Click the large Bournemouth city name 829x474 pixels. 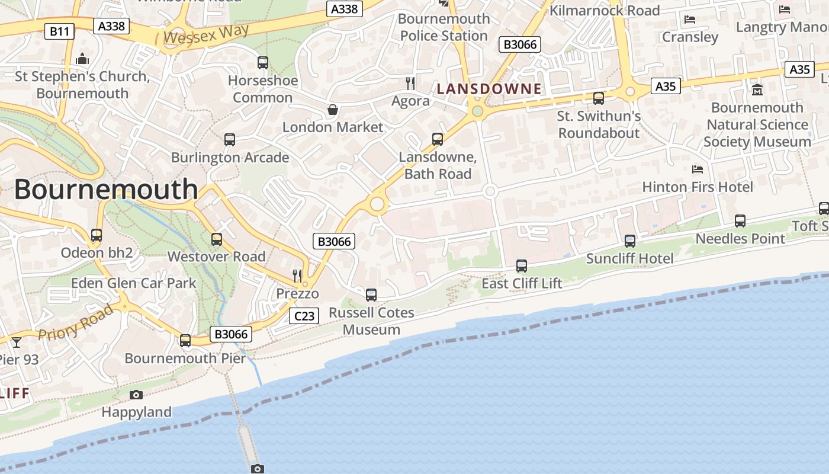106,189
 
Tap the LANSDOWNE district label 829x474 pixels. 489,89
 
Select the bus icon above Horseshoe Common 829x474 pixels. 263,63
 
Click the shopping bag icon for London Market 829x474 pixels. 333,110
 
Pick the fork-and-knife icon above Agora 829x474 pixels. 410,83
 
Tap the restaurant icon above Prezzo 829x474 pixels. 297,276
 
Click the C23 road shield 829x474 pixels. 304,316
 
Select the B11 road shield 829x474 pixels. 59,31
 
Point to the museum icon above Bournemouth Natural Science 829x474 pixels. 757,90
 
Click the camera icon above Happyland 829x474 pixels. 136,395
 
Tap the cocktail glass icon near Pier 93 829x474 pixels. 16,342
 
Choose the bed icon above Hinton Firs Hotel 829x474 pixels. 698,169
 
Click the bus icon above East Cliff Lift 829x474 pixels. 522,266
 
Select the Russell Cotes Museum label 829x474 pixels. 371,321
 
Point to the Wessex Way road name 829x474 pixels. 198,34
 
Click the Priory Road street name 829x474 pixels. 75,324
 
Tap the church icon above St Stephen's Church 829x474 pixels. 82,59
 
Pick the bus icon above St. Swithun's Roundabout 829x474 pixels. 599,98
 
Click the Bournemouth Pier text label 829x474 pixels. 185,358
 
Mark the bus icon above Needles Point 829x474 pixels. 740,221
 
